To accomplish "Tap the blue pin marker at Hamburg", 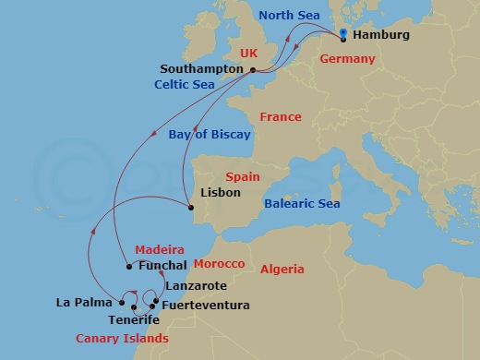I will coord(343,35).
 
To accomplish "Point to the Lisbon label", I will coord(220,193).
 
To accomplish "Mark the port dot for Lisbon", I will coord(191,208).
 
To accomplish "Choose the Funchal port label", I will coord(163,267).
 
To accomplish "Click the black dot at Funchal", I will coord(128,267).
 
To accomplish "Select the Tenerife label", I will coord(134,319).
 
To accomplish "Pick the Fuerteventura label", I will coord(205,305).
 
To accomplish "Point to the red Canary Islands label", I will coord(115,339).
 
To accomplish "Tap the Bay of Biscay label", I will coord(210,135).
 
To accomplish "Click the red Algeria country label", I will coord(282,269).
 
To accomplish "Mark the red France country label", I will coord(280,117).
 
